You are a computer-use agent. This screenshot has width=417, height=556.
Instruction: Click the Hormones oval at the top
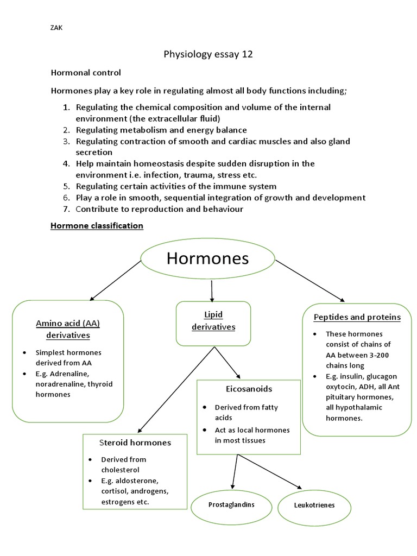(x=207, y=258)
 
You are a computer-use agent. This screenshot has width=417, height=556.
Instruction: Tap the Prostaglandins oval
(x=231, y=505)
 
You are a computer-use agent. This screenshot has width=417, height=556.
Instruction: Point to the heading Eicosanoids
(x=249, y=389)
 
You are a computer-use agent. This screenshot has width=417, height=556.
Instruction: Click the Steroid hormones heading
(x=135, y=443)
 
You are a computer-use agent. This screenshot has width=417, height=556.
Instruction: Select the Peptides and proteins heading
(x=357, y=317)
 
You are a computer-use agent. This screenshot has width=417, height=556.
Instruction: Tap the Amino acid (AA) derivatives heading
(x=68, y=329)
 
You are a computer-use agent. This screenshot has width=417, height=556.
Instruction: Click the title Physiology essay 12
(x=208, y=54)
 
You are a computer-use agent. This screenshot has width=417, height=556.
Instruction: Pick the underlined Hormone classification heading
(x=97, y=225)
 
